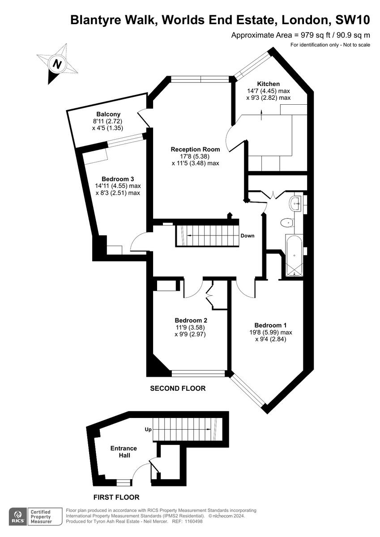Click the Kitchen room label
click(269, 84)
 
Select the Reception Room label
click(195, 149)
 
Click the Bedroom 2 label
click(191, 320)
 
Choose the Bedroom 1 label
click(270, 325)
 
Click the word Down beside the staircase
click(248, 236)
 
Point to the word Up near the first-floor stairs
click(148, 430)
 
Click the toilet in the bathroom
click(286, 222)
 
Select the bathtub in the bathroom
click(294, 255)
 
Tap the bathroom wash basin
click(296, 203)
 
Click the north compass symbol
click(57, 64)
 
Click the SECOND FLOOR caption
click(178, 388)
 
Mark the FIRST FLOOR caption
click(116, 497)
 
